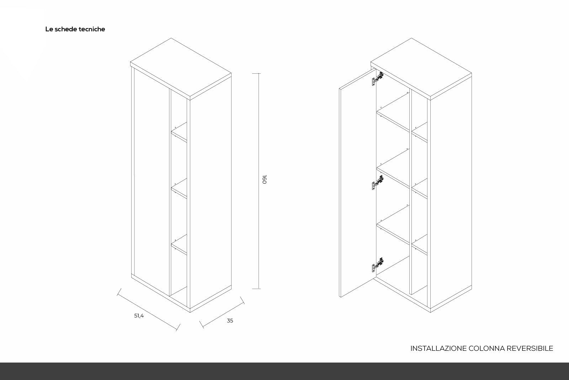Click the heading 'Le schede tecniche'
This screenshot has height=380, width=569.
(75, 29)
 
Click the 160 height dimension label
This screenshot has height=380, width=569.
(264, 179)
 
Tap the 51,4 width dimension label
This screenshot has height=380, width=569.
(139, 316)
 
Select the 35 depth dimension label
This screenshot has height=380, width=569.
(230, 321)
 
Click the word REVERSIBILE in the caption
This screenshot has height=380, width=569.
(530, 348)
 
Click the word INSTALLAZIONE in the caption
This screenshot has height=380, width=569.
(438, 348)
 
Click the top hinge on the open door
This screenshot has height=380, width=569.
(378, 79)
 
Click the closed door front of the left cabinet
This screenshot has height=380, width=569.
(151, 182)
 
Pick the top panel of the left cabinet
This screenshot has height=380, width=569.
(181, 68)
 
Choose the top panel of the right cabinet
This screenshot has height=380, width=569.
(421, 68)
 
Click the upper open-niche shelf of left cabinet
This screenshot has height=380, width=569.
(179, 132)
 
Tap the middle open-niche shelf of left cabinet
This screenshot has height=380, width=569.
(179, 188)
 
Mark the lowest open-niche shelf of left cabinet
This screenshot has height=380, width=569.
(179, 245)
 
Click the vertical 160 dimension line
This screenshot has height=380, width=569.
(259, 181)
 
